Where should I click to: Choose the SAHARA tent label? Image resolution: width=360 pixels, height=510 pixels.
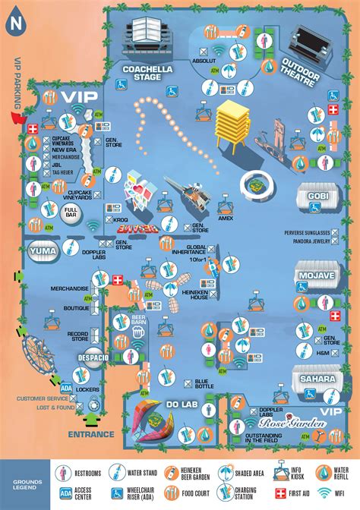tap(317, 379)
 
